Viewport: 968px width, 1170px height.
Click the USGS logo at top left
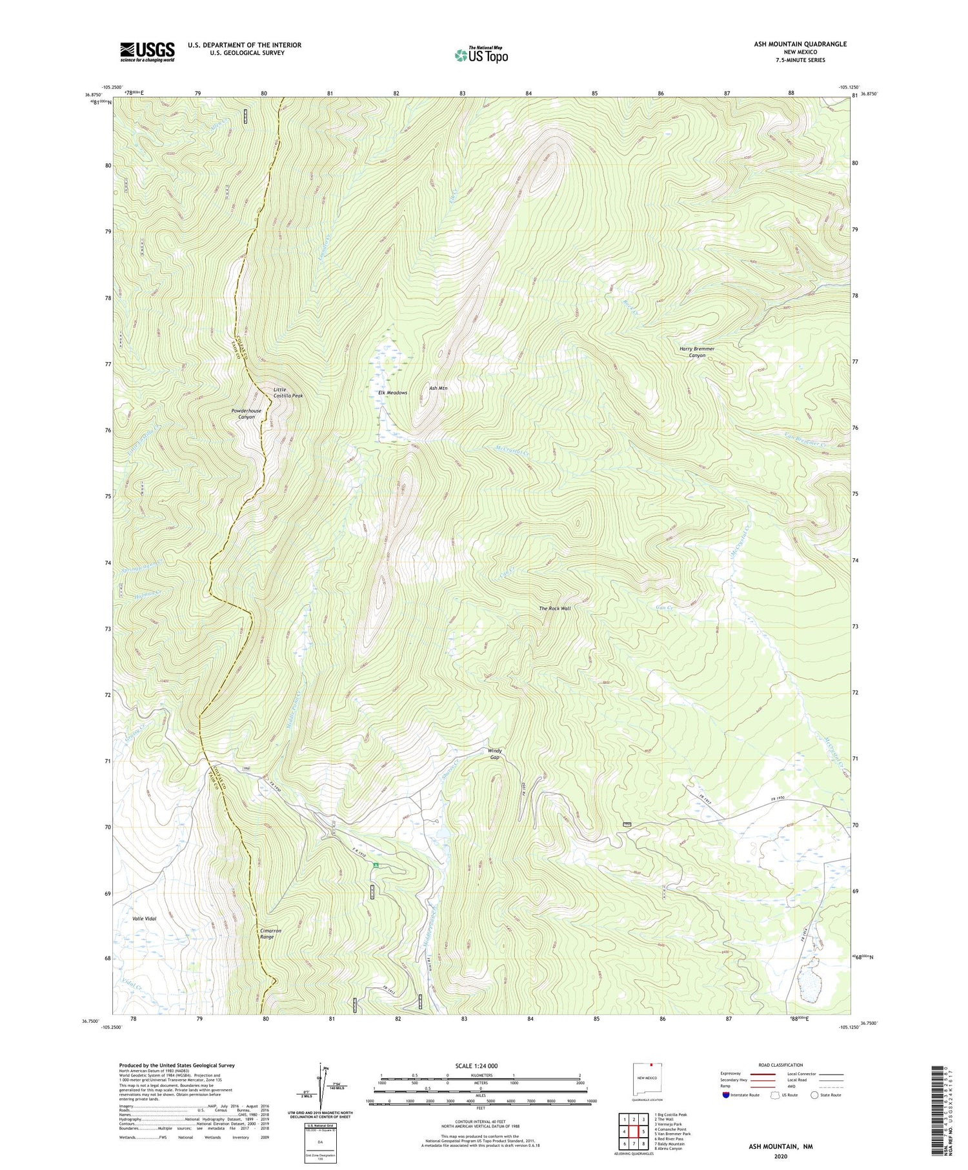point(147,52)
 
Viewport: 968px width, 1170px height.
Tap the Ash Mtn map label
point(438,388)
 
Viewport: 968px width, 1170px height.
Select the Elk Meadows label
point(392,392)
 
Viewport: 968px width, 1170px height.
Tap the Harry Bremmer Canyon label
point(697,352)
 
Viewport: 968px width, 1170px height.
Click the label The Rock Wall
point(555,608)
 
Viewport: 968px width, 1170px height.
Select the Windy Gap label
point(494,754)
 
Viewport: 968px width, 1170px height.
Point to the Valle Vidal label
point(145,918)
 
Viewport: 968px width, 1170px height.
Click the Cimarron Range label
point(270,934)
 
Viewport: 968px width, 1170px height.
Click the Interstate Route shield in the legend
point(726,1095)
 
